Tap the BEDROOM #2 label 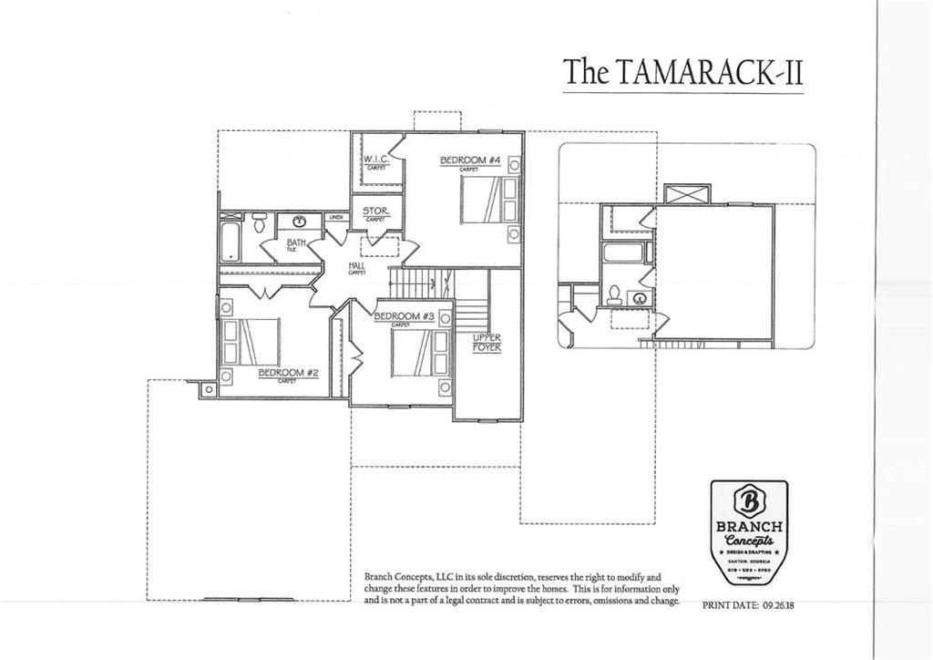click(x=288, y=373)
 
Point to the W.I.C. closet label click(x=376, y=160)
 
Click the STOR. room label click(x=375, y=211)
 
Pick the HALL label click(x=356, y=266)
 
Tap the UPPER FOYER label click(x=487, y=343)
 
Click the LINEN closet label click(x=335, y=217)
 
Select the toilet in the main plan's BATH click(x=260, y=222)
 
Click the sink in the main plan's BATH click(x=298, y=221)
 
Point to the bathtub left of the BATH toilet click(x=230, y=239)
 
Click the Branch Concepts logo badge click(x=748, y=531)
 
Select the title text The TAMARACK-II click(x=682, y=72)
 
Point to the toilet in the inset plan click(x=615, y=294)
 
